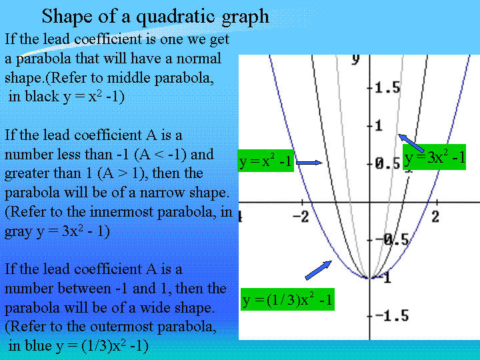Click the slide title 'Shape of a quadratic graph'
155,17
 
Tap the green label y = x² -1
266,161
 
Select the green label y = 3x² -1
434,157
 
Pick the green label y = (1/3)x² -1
287,299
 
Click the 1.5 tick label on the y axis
387,88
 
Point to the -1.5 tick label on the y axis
392,315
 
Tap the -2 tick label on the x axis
300,217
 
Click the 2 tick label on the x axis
435,217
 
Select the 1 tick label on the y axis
379,126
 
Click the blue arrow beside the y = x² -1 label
309,163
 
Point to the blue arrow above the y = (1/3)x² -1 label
319,270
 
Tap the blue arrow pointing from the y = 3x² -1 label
411,143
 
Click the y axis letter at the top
355,59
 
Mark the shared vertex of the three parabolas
370,278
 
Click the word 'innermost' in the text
122,212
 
